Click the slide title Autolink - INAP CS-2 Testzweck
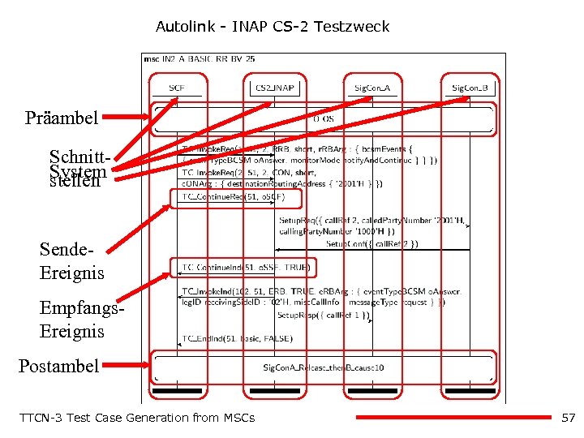coord(273,27)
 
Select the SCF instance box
coord(177,88)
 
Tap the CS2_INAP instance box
coord(274,88)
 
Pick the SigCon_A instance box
coord(372,88)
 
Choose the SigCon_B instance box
coord(470,88)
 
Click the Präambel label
coord(62,118)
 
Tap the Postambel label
coord(58,366)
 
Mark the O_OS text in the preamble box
coord(323,119)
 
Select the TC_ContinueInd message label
coord(244,267)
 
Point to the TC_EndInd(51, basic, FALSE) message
coord(237,338)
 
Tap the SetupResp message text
coord(323,315)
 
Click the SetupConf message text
coord(371,243)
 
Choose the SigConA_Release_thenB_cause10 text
coord(323,367)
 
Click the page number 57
coord(568,418)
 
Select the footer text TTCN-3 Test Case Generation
coord(136,418)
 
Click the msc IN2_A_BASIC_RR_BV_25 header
coord(200,59)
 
